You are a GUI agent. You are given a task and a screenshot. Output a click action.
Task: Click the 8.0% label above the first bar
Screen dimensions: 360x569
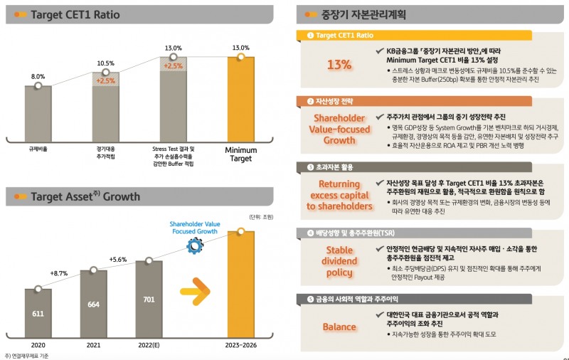click(x=38, y=76)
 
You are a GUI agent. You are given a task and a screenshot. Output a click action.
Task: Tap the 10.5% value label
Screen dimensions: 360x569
click(x=106, y=63)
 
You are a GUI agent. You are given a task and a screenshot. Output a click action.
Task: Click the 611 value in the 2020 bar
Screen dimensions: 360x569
click(x=38, y=313)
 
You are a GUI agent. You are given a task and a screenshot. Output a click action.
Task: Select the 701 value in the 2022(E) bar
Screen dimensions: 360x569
click(x=149, y=299)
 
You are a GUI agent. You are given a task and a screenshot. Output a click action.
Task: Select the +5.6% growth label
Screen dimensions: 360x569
click(x=118, y=260)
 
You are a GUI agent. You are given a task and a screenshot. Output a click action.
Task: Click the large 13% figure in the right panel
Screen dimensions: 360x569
click(x=339, y=64)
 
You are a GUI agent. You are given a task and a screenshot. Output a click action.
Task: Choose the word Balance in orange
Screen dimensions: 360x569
click(x=339, y=327)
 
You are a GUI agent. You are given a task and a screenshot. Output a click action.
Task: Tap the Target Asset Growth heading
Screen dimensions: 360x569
click(x=85, y=196)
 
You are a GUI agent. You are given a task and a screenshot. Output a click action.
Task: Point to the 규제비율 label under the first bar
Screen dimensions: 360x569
click(x=38, y=151)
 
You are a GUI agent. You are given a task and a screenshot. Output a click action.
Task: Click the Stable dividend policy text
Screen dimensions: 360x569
click(x=339, y=261)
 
